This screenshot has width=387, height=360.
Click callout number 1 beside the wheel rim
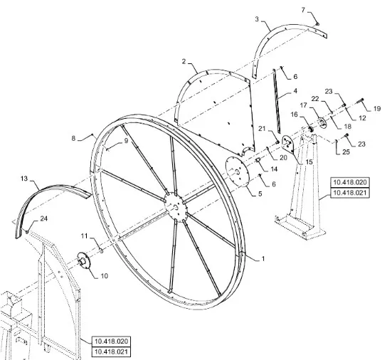(263, 259)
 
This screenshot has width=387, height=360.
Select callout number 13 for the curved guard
(24, 179)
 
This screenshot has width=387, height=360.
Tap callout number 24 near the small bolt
(43, 218)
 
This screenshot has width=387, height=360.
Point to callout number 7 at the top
(303, 10)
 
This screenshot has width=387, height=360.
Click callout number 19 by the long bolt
(377, 109)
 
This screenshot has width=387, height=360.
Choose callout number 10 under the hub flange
(105, 276)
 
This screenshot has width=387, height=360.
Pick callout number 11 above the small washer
(85, 236)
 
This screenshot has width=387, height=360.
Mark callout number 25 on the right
(346, 152)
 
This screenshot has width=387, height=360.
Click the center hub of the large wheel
(176, 206)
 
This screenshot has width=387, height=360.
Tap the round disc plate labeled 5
(238, 172)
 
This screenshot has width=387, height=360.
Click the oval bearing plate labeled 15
(288, 145)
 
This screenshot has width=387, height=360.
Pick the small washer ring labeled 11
(101, 251)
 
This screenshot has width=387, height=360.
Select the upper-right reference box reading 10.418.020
(350, 182)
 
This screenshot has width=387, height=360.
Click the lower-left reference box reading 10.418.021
(111, 351)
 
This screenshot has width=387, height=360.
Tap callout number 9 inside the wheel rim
(126, 141)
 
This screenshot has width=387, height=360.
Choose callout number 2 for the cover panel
(184, 61)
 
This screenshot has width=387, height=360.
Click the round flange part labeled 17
(322, 123)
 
